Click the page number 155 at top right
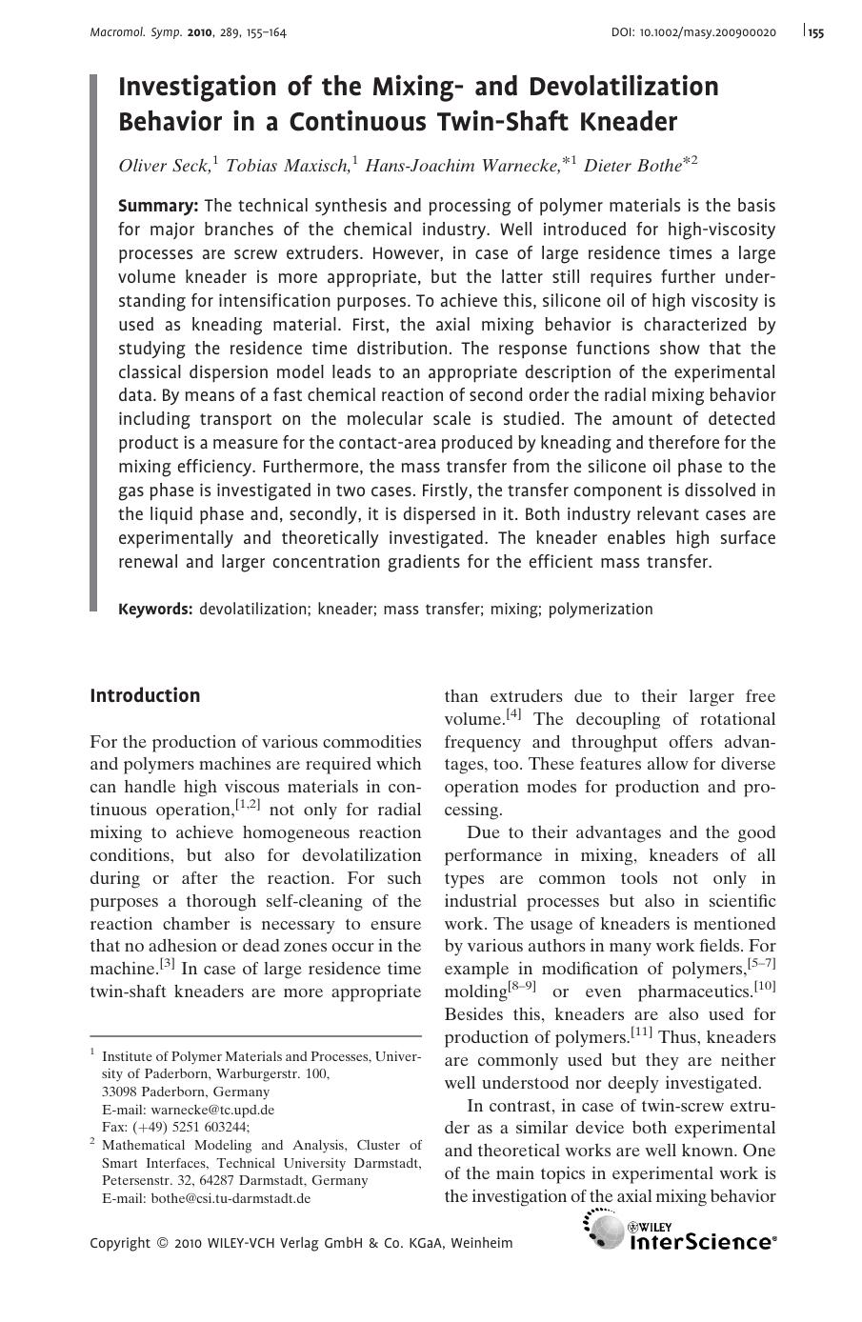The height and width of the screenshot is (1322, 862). click(816, 32)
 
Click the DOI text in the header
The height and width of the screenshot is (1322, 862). click(692, 32)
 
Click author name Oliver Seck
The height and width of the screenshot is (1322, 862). click(163, 166)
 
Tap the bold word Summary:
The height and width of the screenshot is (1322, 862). click(158, 206)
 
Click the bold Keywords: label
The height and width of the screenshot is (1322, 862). click(155, 610)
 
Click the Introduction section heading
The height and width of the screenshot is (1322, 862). click(145, 695)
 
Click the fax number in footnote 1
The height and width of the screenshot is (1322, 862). click(175, 1127)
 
